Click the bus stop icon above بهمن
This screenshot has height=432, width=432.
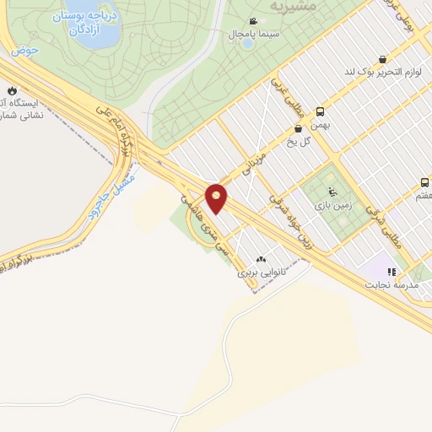pos(320,111)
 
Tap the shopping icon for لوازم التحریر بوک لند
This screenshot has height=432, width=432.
pos(383,59)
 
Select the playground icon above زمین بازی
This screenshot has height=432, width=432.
pos(331,191)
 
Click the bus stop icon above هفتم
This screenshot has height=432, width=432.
pos(425,182)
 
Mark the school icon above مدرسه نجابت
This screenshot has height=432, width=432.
pos(391,272)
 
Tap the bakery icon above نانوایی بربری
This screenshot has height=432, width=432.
pos(260,260)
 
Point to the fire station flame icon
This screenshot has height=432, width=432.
pos(12,90)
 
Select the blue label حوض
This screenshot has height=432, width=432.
pos(25,51)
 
